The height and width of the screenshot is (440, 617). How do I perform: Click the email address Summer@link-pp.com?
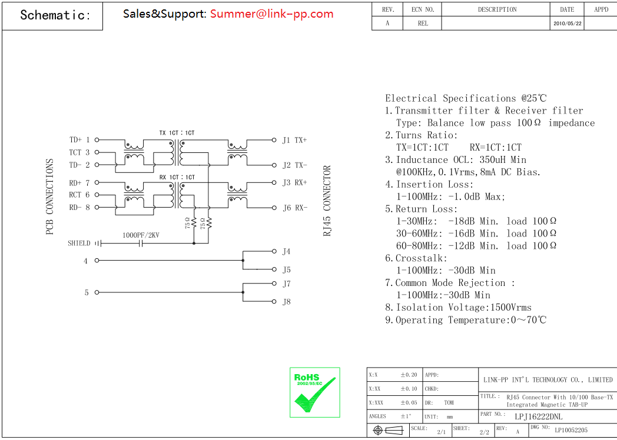point(271,14)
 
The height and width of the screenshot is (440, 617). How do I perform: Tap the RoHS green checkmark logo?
point(314,392)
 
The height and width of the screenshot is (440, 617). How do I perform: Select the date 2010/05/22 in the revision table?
point(567,24)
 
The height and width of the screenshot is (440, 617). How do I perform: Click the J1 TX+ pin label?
point(294,140)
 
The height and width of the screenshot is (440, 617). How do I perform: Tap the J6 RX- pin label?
point(294,208)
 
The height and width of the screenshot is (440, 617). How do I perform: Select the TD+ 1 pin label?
point(79,140)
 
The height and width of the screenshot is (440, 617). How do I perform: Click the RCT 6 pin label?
point(79,195)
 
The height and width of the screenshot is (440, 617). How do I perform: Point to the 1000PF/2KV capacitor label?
point(141,235)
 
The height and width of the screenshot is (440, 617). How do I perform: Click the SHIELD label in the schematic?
point(79,243)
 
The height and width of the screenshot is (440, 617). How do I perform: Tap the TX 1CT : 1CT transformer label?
point(177,133)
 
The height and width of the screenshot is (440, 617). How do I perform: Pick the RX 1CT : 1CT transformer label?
point(177,177)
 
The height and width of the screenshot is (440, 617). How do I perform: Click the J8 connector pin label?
point(287,302)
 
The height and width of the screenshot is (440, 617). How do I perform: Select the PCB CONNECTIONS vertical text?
point(49,197)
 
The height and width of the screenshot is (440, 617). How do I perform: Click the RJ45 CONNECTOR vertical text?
point(327,201)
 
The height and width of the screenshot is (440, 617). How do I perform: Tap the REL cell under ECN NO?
point(423,24)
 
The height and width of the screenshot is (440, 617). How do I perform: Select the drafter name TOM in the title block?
point(449,403)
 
